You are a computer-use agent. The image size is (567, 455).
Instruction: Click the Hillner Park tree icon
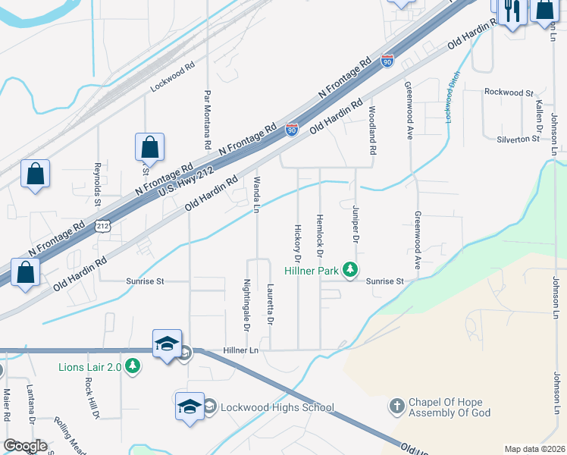349,270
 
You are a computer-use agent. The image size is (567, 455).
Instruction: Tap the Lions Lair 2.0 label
92,368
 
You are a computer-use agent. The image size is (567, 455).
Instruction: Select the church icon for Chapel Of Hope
396,406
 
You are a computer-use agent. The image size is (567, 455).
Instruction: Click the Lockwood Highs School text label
277,407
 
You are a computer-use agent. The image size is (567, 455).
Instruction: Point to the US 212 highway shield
104,226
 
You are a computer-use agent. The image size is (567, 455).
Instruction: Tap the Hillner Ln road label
242,350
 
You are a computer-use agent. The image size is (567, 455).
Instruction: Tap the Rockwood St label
509,93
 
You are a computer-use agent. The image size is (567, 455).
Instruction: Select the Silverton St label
518,139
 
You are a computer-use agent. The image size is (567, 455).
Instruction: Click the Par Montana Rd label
206,120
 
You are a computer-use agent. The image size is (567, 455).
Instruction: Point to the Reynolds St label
97,184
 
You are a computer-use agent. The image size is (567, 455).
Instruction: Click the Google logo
24,445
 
